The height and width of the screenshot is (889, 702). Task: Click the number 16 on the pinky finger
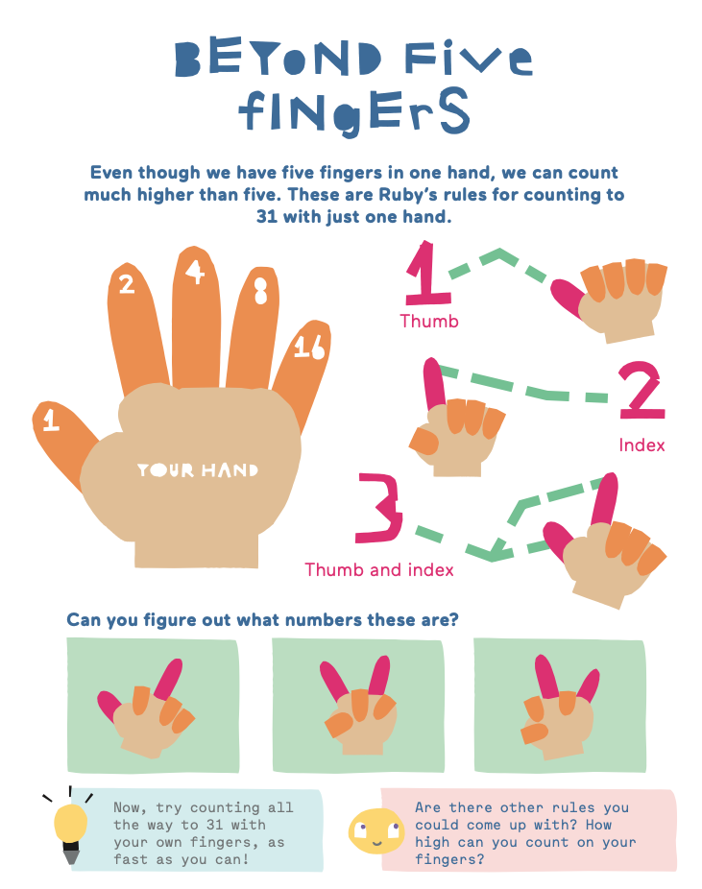[309, 347]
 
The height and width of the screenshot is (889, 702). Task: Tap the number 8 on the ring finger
[260, 290]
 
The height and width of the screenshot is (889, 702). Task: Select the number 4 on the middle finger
[195, 272]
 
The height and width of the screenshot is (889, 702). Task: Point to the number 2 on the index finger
[127, 284]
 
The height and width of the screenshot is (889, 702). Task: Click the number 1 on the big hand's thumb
[51, 420]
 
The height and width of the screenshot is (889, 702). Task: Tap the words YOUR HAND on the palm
[197, 470]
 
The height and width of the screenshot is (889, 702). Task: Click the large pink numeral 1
[428, 274]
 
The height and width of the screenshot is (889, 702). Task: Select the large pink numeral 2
[641, 390]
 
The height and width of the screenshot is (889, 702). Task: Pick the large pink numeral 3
[378, 508]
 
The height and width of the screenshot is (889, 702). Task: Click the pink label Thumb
[429, 322]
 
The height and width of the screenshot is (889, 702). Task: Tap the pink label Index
[641, 445]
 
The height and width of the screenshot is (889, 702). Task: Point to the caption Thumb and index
[379, 570]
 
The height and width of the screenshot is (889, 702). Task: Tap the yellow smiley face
[375, 830]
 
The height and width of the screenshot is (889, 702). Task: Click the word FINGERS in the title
[354, 111]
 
